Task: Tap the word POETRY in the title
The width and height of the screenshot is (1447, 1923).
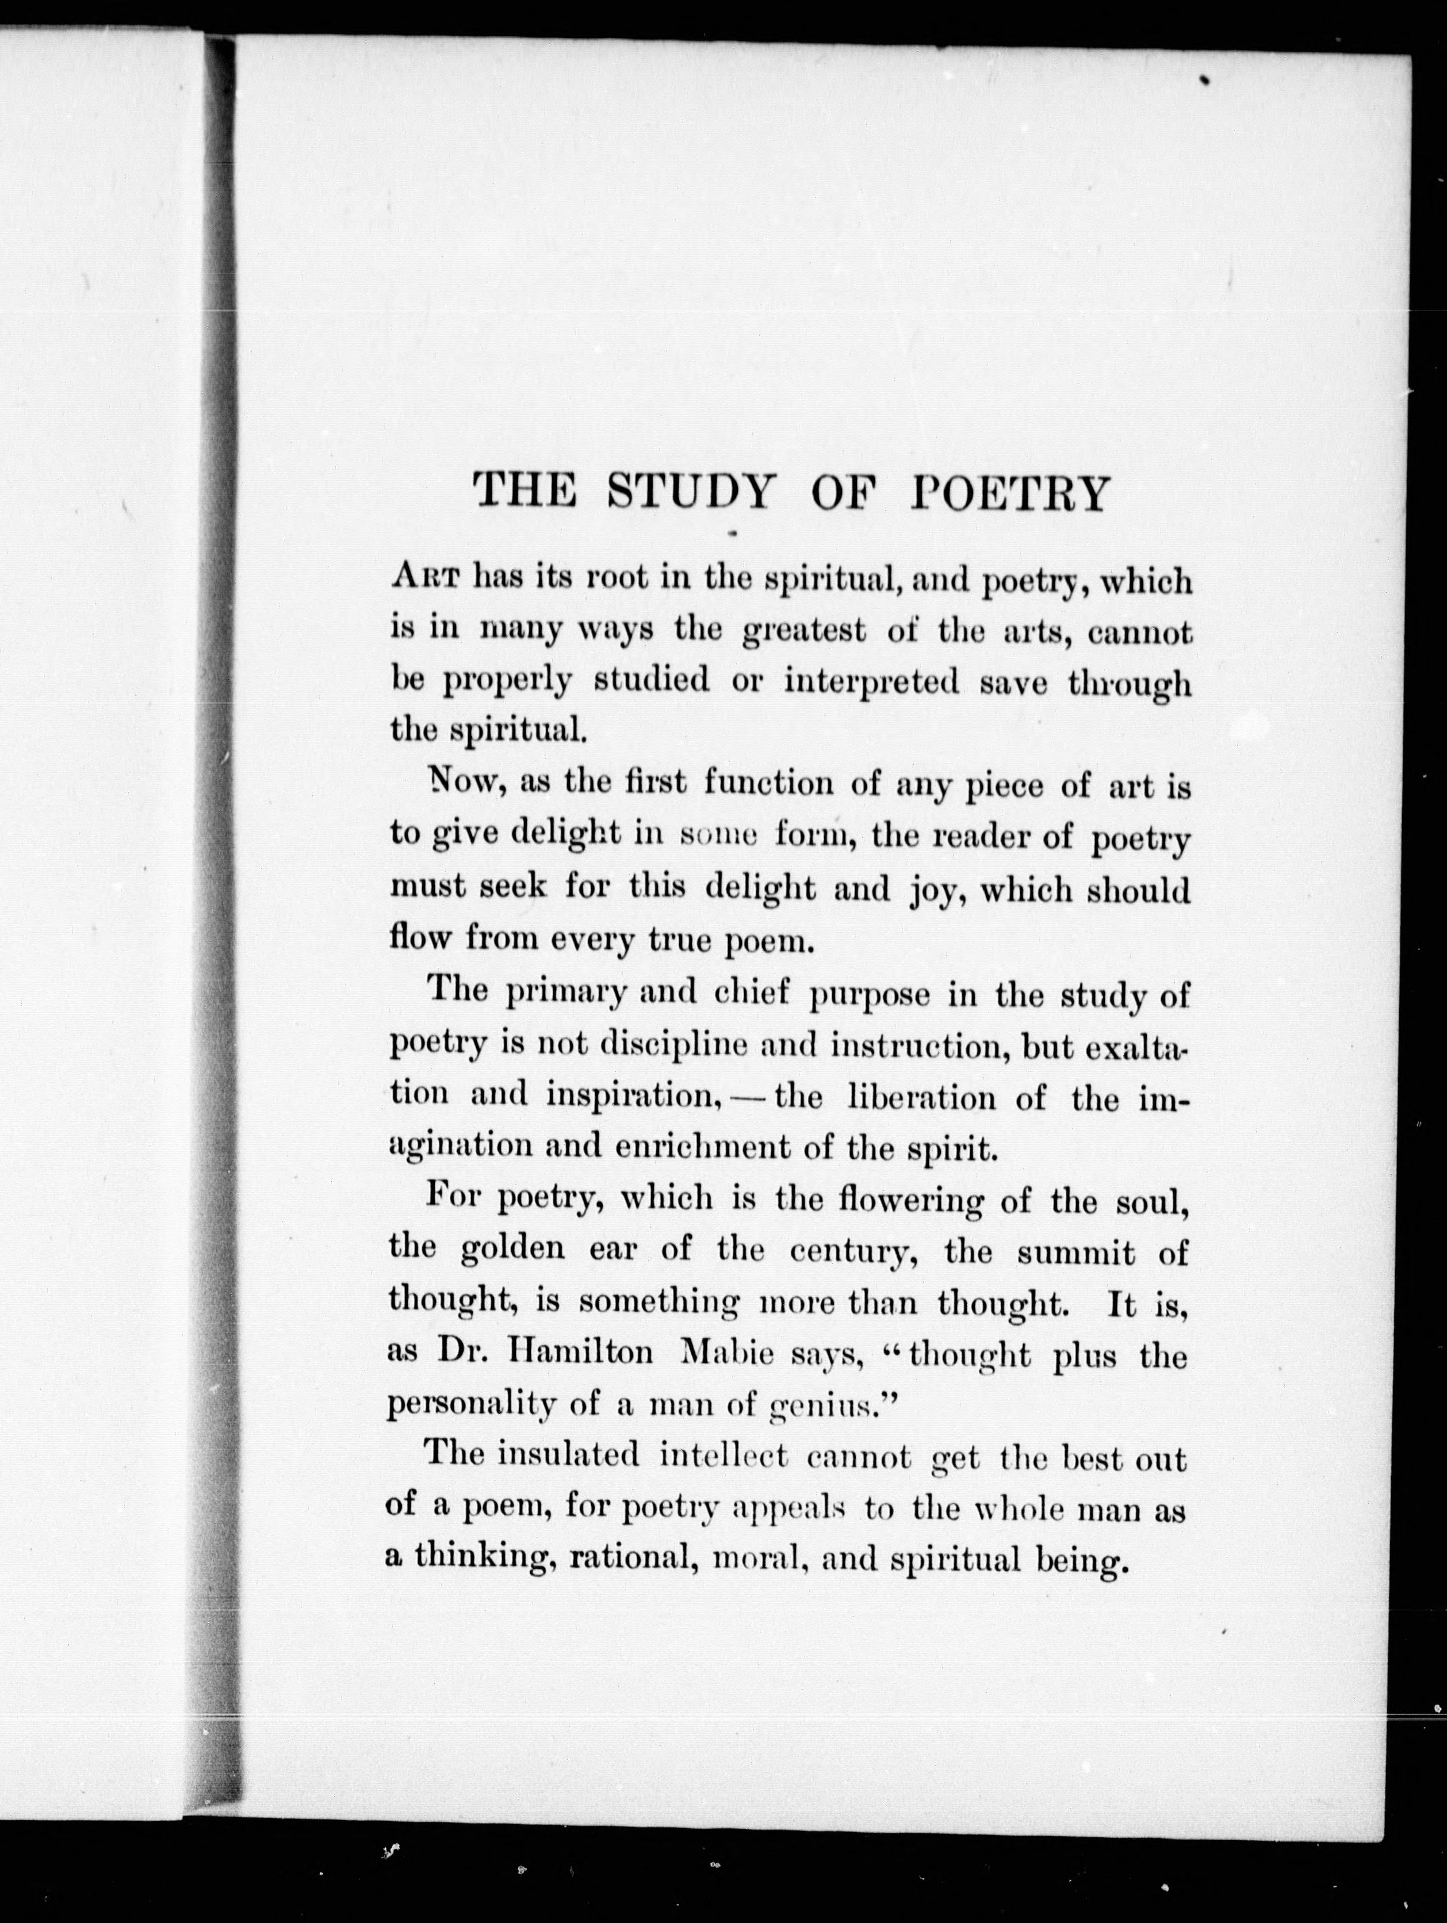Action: tap(1009, 493)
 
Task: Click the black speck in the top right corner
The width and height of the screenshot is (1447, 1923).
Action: tap(1206, 81)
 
